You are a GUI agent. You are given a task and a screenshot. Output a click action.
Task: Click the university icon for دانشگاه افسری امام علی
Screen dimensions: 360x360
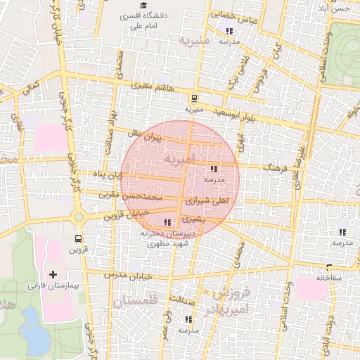coord(143,5)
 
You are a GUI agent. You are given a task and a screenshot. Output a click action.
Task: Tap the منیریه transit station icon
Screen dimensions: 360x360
coord(194,98)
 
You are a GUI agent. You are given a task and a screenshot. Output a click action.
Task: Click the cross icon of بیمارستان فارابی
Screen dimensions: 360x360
coord(53,274)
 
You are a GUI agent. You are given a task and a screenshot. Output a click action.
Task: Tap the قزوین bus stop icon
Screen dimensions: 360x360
coord(78,238)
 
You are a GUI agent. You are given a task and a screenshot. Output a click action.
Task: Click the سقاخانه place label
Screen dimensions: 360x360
coord(328,277)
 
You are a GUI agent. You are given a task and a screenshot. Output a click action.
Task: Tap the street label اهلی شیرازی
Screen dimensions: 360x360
coord(207,201)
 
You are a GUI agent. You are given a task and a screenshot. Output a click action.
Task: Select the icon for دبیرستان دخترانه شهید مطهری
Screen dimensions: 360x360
coord(166,222)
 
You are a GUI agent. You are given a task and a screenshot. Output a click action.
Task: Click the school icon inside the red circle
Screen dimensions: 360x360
coord(213,169)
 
